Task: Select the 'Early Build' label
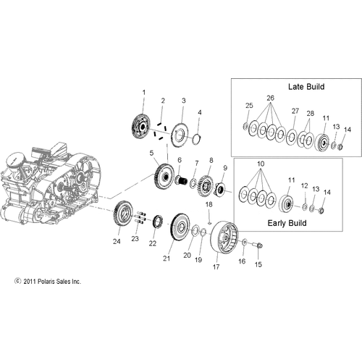point(287,223)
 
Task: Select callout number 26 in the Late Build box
point(271,98)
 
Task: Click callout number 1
point(143,93)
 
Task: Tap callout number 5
point(151,153)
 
